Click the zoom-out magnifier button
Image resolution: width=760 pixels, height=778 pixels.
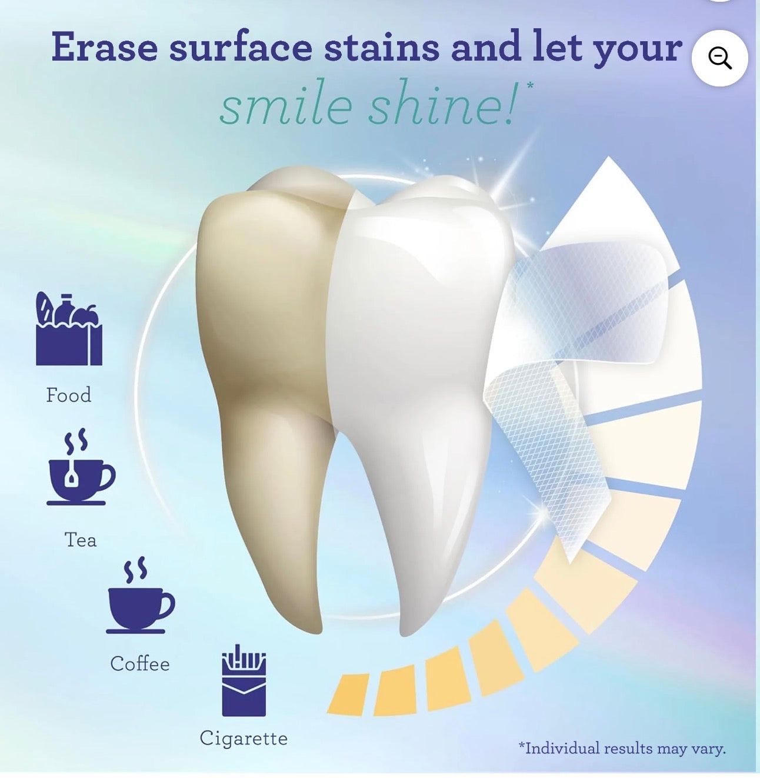tap(719, 58)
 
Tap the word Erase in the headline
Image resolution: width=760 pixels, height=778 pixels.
tap(104, 47)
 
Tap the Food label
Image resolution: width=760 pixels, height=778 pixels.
tap(69, 395)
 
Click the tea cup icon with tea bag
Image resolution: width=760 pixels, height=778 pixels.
tap(81, 468)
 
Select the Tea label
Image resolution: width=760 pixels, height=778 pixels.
tap(81, 540)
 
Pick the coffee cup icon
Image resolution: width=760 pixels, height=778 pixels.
tap(140, 596)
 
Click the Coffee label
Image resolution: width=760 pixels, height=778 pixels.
tap(140, 664)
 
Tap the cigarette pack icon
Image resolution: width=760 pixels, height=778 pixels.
tap(244, 680)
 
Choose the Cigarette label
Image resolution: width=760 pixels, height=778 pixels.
tap(244, 739)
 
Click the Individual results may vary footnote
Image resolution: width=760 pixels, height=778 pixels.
tap(622, 748)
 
